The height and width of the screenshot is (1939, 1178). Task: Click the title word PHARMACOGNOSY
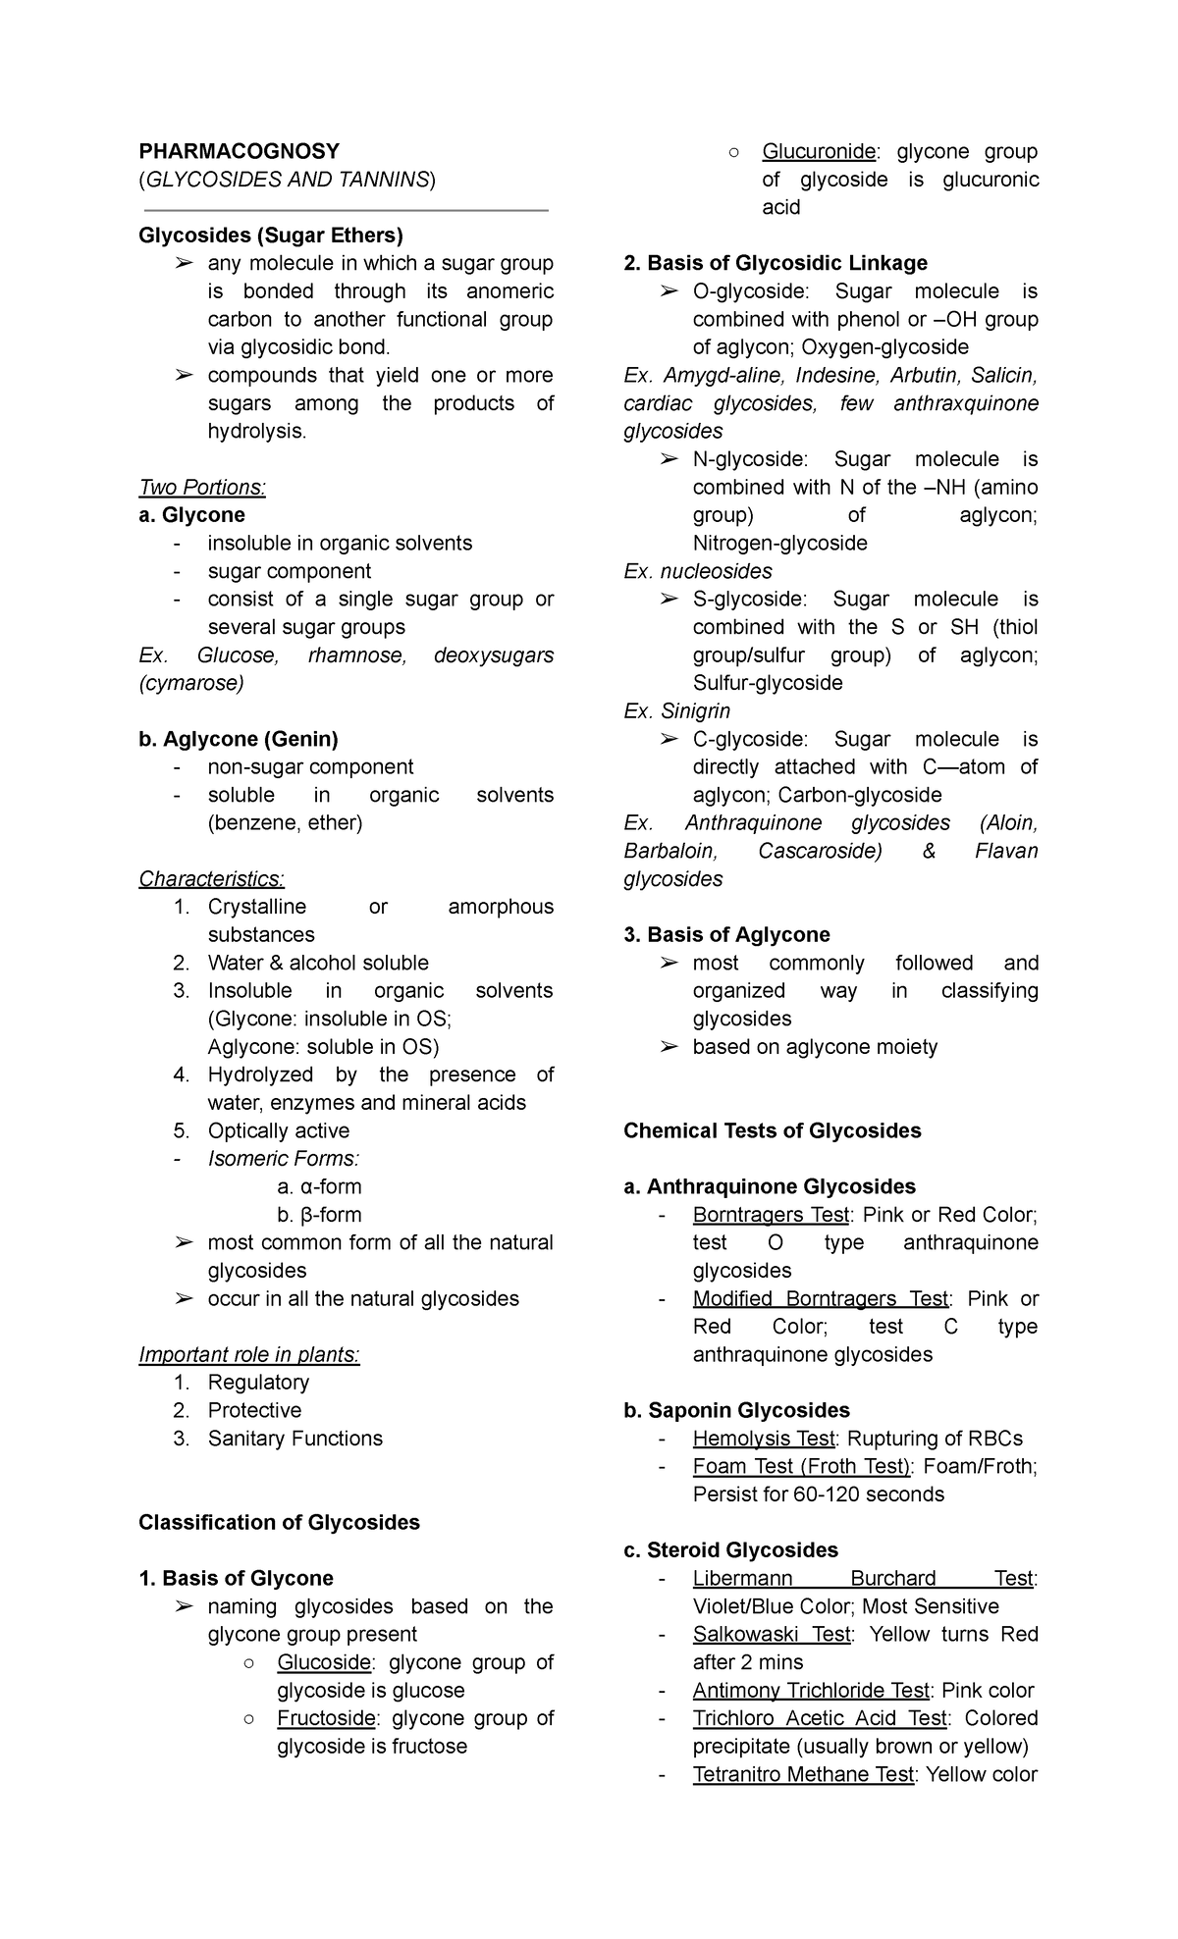click(x=239, y=151)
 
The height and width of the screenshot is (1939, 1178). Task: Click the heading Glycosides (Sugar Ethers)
click(x=270, y=236)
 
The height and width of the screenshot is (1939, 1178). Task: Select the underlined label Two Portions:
click(x=202, y=488)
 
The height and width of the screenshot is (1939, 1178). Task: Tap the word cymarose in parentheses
click(x=191, y=683)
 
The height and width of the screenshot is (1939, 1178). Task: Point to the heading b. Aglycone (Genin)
click(x=238, y=739)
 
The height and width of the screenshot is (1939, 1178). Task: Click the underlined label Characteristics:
click(x=211, y=878)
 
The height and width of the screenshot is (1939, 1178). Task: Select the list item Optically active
click(x=278, y=1130)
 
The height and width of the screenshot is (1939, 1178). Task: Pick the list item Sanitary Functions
click(x=294, y=1439)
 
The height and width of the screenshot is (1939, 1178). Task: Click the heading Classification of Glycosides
click(x=279, y=1522)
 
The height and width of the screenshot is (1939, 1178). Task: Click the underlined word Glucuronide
click(x=819, y=151)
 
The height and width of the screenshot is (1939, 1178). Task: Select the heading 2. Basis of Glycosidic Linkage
click(x=776, y=263)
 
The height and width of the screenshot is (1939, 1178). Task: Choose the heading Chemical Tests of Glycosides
click(x=772, y=1130)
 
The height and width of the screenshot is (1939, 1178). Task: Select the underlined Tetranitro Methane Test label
click(x=802, y=1774)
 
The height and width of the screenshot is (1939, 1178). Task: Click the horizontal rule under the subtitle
click(x=346, y=210)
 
